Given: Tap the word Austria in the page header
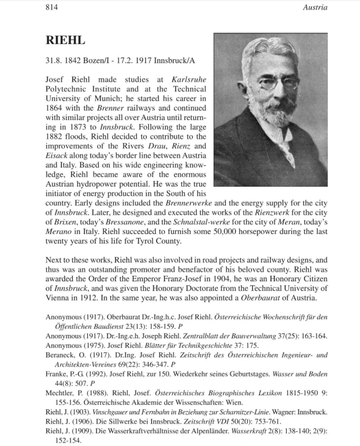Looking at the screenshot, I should point(315,7).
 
